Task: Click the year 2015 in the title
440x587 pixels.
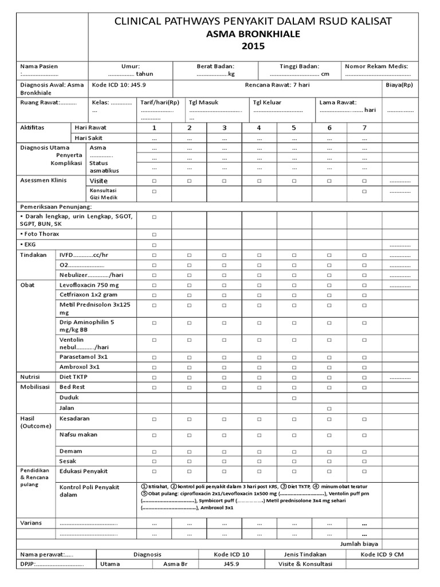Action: coord(253,47)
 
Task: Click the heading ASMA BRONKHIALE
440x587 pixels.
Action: coord(253,34)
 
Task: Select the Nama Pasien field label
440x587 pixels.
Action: coord(39,66)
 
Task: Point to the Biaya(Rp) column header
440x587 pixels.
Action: coord(399,85)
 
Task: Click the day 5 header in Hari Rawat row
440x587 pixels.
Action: coord(294,127)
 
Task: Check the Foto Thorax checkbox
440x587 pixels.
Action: coord(154,234)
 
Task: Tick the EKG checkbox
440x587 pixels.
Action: coord(154,245)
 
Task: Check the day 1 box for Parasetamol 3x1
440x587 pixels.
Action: coord(154,357)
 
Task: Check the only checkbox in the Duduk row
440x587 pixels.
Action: coord(294,397)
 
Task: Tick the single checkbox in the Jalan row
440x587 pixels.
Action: coord(329,408)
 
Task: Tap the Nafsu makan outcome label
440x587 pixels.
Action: coord(78,435)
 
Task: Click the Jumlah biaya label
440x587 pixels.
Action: coord(359,544)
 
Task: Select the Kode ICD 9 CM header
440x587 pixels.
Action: coord(382,554)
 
